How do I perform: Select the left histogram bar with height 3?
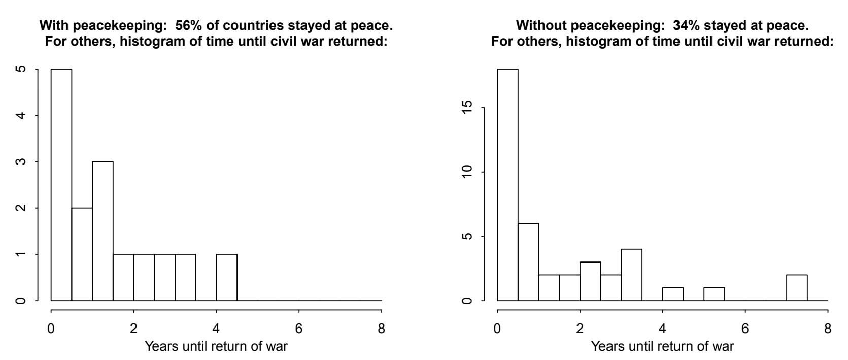103,231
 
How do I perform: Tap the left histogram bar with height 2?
82,254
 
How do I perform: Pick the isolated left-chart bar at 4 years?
226,277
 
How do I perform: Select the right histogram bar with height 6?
528,261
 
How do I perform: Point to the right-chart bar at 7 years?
797,287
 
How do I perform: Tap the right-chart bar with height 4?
631,275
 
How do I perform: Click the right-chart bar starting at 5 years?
714,294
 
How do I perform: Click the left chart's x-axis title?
216,346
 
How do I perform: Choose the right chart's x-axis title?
662,346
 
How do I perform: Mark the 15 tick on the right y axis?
467,108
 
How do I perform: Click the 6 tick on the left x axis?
299,329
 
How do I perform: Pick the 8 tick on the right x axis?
828,329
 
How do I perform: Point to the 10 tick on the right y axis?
467,172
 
